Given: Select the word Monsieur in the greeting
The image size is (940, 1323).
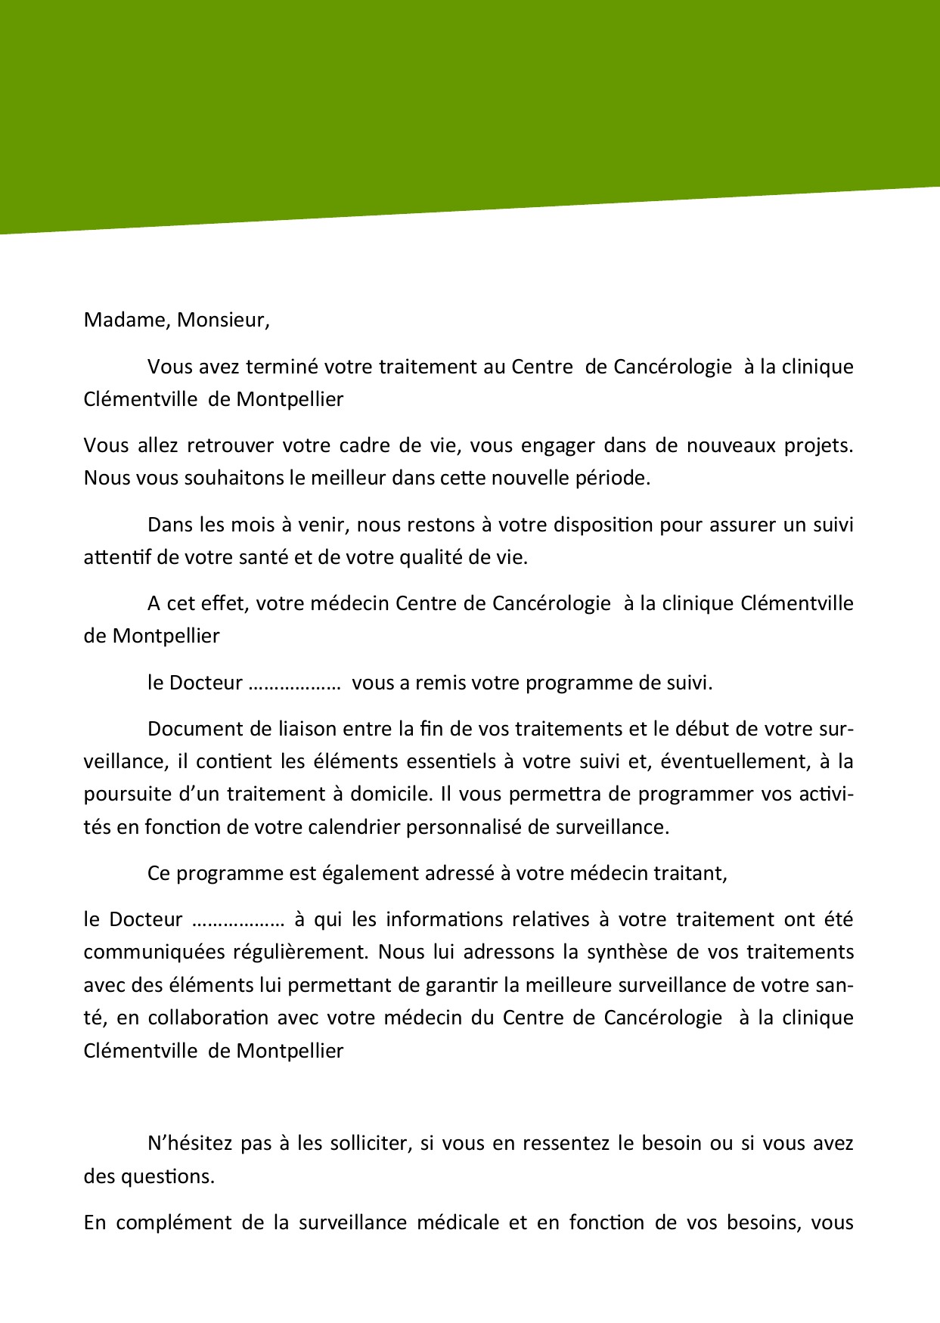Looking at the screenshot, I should (222, 320).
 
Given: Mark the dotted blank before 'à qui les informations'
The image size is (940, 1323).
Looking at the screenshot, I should (238, 920).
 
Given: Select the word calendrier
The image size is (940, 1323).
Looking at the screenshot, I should (354, 827).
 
